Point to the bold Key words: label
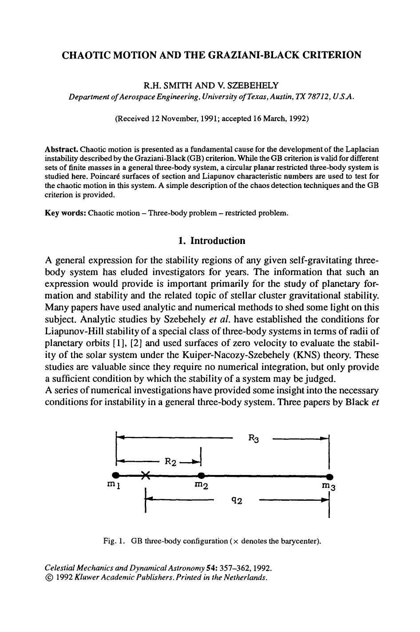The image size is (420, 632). (66, 213)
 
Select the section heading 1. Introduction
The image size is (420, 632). (211, 241)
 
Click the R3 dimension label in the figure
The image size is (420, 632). (253, 439)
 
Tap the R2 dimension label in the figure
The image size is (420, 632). (171, 461)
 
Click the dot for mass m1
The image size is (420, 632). (116, 476)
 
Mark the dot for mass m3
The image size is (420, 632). (329, 476)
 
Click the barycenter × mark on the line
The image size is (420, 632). (145, 475)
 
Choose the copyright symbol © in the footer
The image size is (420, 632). (49, 578)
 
